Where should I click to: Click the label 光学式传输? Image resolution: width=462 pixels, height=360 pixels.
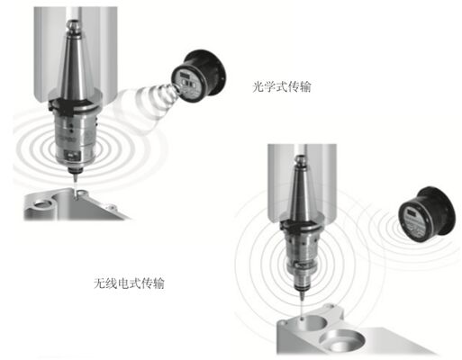(x=281, y=86)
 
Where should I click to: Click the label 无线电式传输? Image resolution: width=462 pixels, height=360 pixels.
(x=129, y=283)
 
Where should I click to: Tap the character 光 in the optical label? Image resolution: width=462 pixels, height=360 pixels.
(x=258, y=86)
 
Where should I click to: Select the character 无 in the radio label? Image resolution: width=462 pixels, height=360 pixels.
(x=100, y=283)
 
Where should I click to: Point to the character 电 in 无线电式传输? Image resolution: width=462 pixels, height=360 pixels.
(x=123, y=283)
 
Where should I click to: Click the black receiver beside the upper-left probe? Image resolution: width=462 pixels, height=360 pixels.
(x=199, y=76)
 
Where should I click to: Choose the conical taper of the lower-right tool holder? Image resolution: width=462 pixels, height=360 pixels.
(x=301, y=192)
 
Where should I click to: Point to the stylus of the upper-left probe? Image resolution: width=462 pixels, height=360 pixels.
(x=76, y=184)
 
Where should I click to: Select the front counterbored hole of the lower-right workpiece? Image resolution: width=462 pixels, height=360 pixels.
(x=341, y=341)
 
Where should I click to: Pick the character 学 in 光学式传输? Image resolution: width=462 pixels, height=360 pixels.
(x=269, y=86)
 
